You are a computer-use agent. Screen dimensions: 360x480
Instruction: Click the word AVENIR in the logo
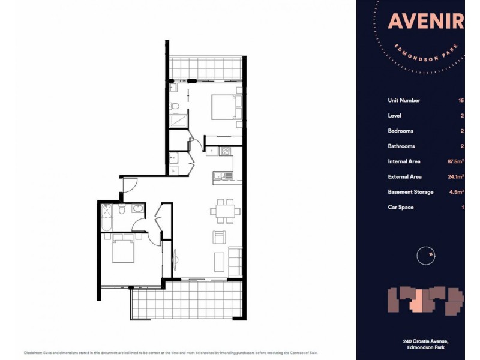425,22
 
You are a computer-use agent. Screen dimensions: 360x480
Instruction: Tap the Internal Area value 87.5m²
454,161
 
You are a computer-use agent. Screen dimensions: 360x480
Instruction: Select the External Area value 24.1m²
454,176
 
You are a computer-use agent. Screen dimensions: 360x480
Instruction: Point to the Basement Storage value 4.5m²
455,192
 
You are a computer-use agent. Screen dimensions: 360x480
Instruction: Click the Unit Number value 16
460,100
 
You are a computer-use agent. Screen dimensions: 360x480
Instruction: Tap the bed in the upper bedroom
223,109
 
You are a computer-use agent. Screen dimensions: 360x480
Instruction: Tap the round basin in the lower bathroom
137,209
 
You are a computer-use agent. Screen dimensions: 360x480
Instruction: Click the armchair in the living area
220,236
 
